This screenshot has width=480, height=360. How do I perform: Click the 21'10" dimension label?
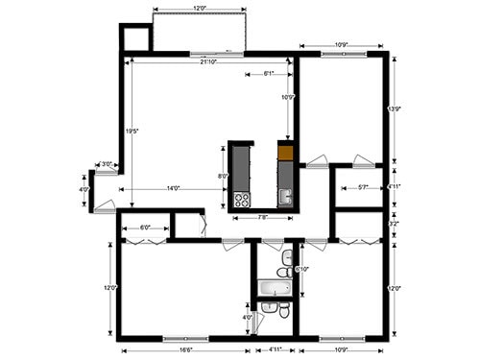(207, 62)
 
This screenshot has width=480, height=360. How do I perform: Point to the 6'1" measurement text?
(268, 74)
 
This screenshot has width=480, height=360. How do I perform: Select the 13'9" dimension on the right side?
(395, 109)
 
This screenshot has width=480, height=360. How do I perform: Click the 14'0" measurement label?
(174, 188)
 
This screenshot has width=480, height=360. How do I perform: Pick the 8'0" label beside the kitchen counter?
(223, 177)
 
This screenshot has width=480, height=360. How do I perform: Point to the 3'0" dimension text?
(108, 164)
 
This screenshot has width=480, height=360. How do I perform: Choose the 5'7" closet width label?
(363, 187)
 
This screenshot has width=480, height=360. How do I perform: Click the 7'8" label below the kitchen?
(263, 218)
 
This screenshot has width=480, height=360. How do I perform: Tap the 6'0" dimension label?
(146, 228)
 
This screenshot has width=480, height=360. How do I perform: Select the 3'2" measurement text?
(395, 224)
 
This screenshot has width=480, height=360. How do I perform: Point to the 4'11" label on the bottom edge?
(276, 349)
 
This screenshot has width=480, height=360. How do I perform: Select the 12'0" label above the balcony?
(200, 9)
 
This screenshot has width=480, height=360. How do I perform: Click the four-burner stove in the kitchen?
(241, 201)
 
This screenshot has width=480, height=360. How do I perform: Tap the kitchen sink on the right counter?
(284, 197)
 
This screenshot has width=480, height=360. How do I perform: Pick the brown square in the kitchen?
(284, 151)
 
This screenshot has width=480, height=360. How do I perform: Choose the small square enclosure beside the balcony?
(135, 36)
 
